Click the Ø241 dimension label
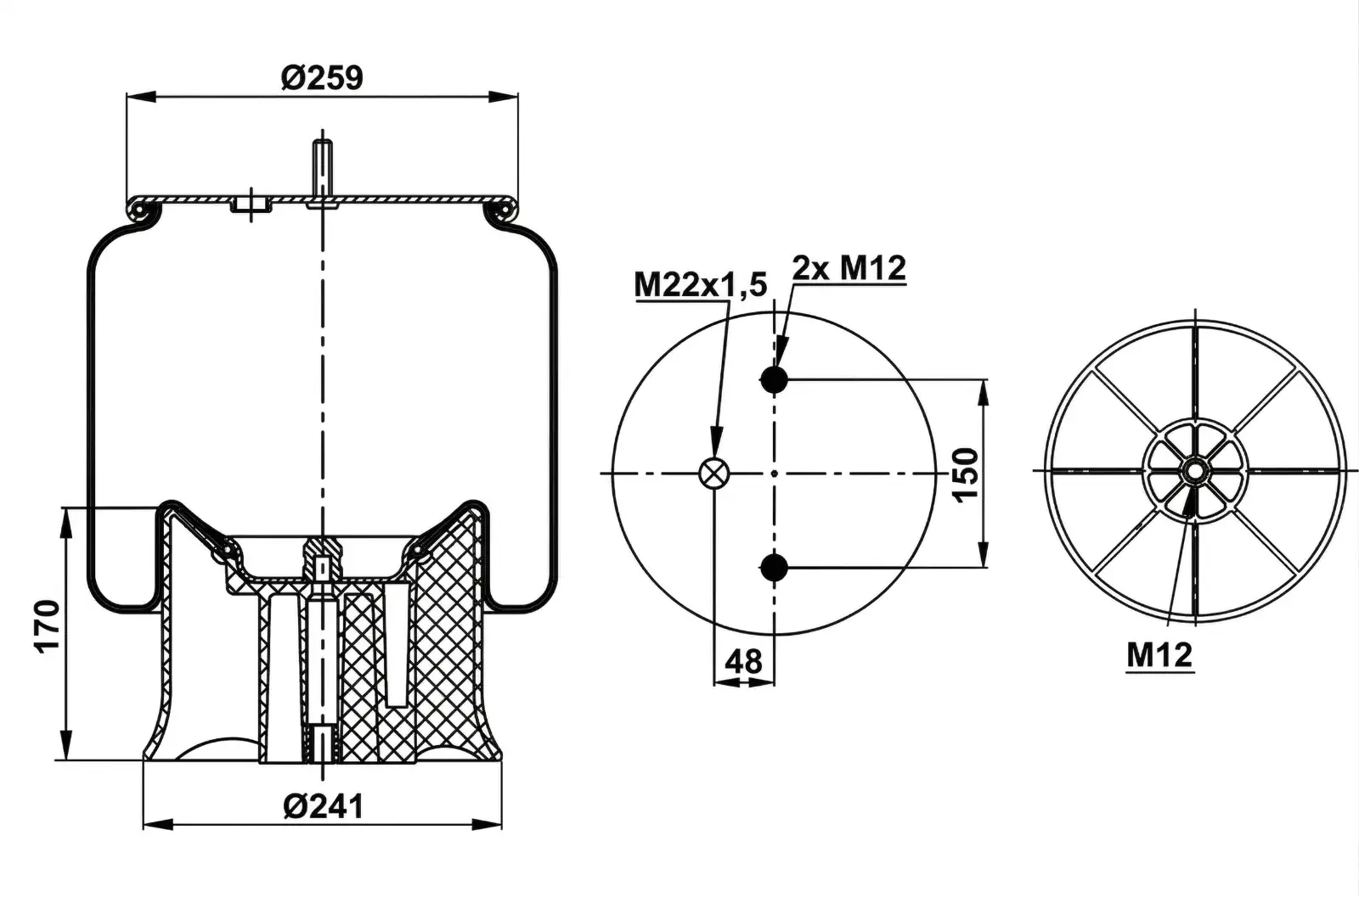point(322,806)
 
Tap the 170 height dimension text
point(48,625)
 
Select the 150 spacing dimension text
point(966,475)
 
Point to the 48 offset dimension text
point(744,660)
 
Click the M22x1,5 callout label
point(701,285)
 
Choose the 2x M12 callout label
point(849,268)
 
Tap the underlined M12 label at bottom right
point(1159,654)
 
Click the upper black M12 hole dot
point(774,379)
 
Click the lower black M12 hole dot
point(774,568)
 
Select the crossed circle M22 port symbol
point(713,473)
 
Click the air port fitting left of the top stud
point(251,205)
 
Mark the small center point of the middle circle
point(774,473)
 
